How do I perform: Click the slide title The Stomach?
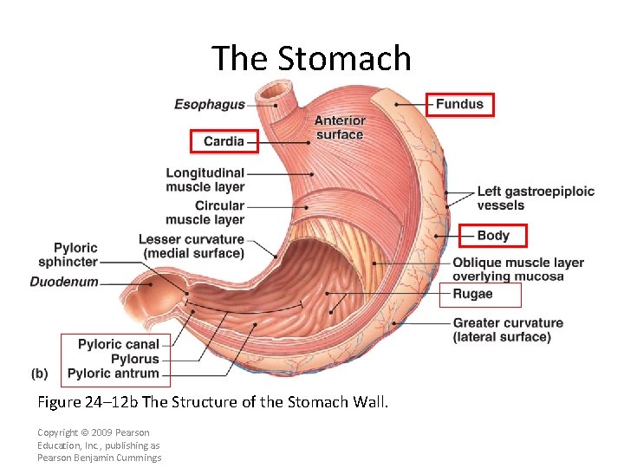[311, 58]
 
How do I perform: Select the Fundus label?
[459, 104]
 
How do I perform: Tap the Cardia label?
[224, 140]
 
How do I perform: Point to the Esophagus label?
[209, 104]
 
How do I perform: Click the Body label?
[493, 235]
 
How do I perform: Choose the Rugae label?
[472, 294]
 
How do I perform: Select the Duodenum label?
[64, 282]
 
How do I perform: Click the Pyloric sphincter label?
[75, 254]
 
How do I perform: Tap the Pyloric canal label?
[119, 344]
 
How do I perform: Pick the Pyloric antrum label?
[114, 374]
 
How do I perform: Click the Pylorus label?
[135, 359]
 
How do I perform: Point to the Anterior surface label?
[340, 127]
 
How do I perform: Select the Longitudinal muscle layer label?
[205, 179]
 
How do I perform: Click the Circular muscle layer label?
[205, 212]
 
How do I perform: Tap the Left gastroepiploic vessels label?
[536, 198]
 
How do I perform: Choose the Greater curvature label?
[508, 329]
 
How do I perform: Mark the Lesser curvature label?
[192, 246]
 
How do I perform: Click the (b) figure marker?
[39, 374]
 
